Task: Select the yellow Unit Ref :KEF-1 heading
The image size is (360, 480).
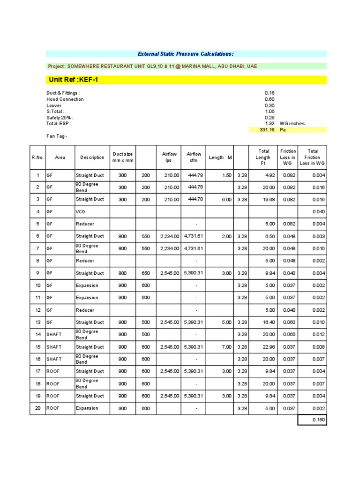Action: click(x=73, y=80)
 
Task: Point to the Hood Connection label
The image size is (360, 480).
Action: click(x=65, y=99)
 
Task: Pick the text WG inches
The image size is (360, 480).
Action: click(x=292, y=124)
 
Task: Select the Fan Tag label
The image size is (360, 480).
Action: click(x=57, y=136)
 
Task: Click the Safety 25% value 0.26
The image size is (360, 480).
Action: click(x=270, y=118)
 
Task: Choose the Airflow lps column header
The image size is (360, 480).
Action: click(x=169, y=157)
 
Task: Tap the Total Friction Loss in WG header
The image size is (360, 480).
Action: click(x=313, y=157)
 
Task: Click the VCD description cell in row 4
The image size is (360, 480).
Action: click(x=81, y=211)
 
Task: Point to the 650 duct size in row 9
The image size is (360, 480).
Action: click(x=146, y=273)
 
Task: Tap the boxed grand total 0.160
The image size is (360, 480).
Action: click(x=318, y=420)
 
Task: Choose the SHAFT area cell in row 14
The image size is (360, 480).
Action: click(x=54, y=335)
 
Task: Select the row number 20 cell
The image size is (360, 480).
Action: click(x=37, y=408)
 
